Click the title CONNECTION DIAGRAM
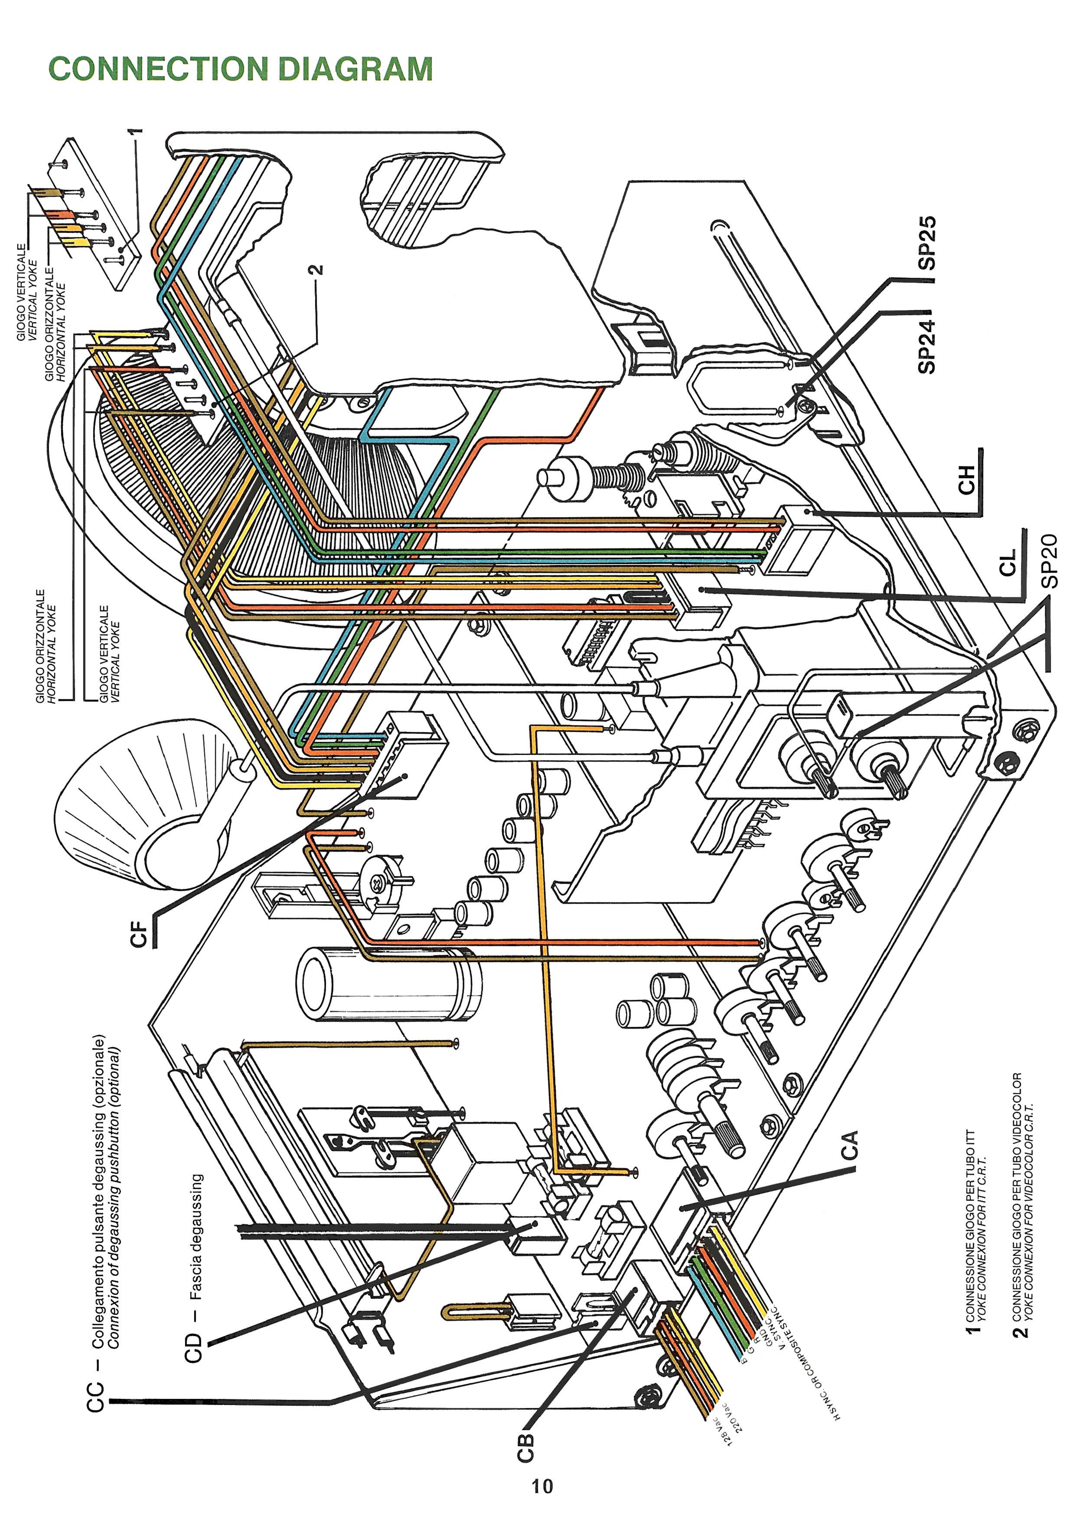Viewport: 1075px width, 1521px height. coord(240,69)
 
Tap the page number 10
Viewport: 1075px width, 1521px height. coord(542,1486)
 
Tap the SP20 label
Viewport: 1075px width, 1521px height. coord(1050,560)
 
